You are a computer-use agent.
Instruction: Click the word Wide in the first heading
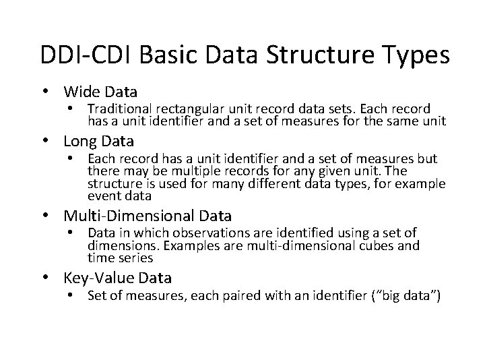(81, 91)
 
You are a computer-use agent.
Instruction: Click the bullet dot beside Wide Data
(50, 92)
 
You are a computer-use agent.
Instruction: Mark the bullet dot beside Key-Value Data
(50, 278)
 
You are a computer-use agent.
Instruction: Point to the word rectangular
(185, 109)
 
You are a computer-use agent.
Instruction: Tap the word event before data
(102, 196)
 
